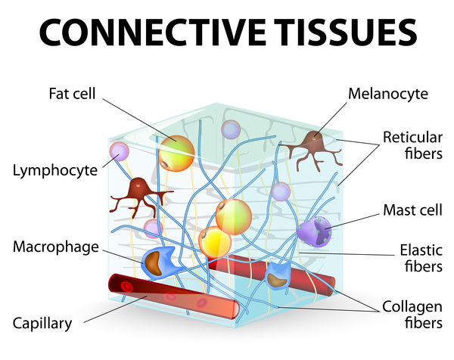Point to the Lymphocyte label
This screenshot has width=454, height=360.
pyautogui.click(x=55, y=170)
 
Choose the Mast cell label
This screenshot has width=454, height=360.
pyautogui.click(x=409, y=209)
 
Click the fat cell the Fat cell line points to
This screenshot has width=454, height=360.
pyautogui.click(x=177, y=153)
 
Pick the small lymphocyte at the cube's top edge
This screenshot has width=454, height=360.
pyautogui.click(x=231, y=129)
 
